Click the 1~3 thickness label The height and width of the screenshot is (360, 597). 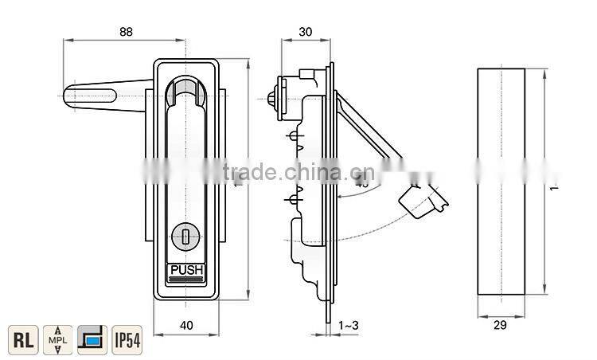[349, 325]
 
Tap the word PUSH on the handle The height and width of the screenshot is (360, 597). [187, 270]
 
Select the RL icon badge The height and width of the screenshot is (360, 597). [24, 339]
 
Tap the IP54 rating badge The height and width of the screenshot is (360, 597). [127, 339]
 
